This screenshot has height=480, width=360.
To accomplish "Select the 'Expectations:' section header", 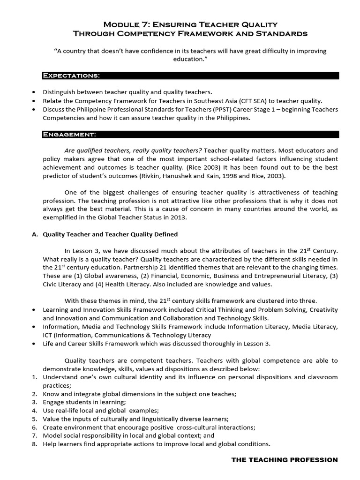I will point(71,75).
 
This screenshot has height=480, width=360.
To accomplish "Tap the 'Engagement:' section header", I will point(69,135).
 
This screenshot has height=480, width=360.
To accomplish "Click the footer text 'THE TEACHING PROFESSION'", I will point(285,460).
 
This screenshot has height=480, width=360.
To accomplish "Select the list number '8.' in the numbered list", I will point(34,444).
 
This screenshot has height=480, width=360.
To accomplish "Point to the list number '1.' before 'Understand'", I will point(34,377).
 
